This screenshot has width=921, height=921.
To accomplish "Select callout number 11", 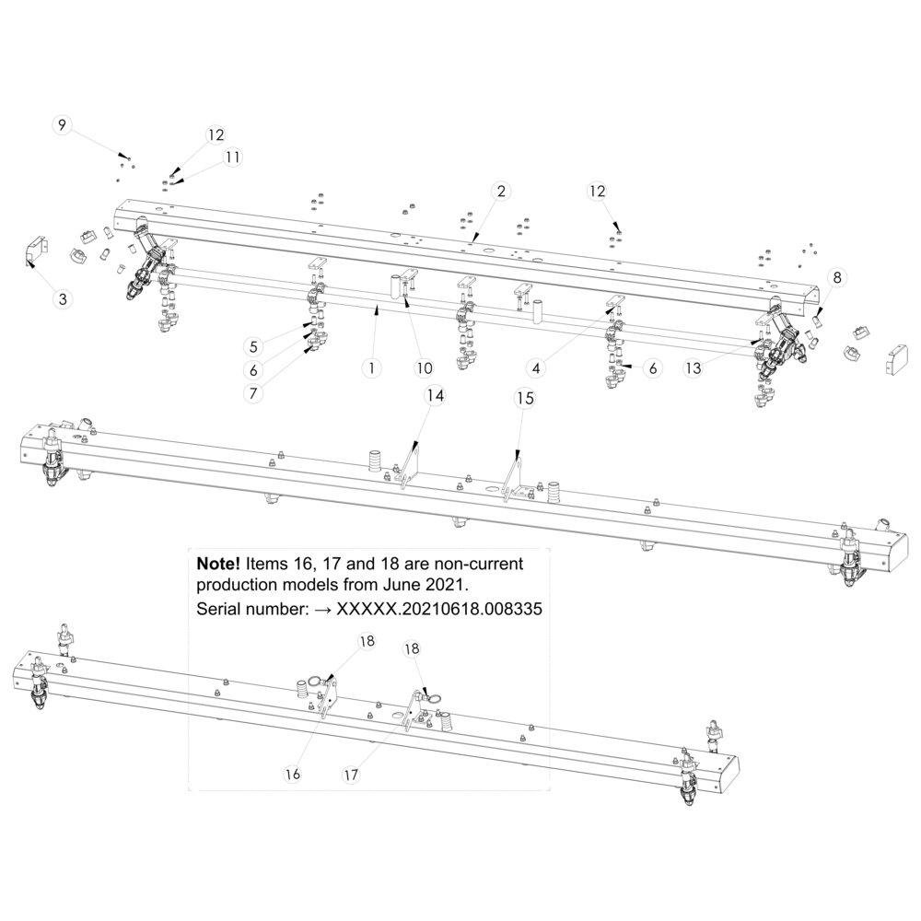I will tap(233, 157).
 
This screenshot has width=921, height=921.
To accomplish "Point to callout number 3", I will tap(63, 298).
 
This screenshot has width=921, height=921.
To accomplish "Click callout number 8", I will tap(837, 275).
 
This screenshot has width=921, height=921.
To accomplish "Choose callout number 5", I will tap(251, 346).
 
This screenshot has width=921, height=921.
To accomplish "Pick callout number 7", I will tap(251, 391).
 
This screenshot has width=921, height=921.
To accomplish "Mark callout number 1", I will tap(370, 367).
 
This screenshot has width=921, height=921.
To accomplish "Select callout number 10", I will tap(424, 367).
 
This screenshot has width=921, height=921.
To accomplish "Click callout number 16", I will tap(292, 775).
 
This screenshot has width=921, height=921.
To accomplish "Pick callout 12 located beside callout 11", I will tap(216, 134).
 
